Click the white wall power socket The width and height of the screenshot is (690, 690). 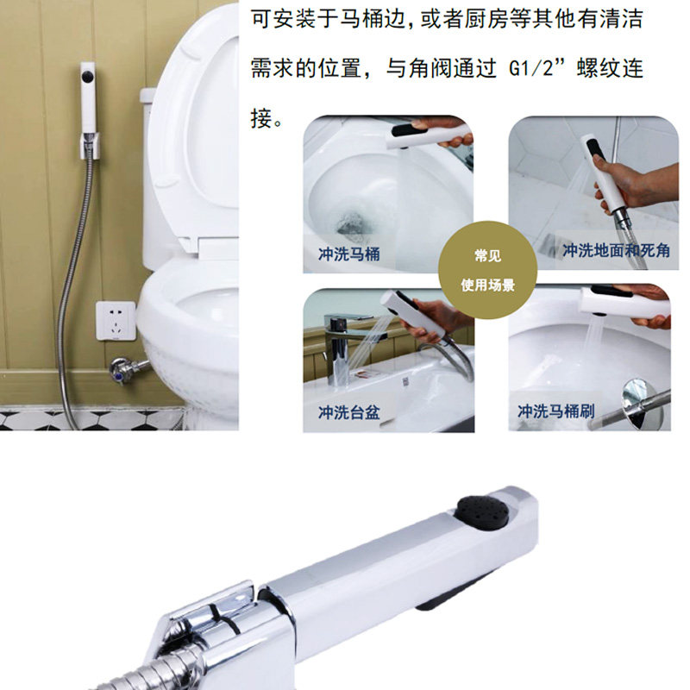point(116,321)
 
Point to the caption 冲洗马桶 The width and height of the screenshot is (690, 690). point(349,254)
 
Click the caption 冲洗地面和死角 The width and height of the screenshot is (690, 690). point(616,250)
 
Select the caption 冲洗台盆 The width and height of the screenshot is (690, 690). point(349,412)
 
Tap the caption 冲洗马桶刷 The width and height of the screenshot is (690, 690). point(555,411)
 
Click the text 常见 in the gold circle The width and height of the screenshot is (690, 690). point(487,255)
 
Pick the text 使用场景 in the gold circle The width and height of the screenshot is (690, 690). point(487,285)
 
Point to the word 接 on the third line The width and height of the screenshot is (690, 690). point(261,118)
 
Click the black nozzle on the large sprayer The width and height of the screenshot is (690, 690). point(483,511)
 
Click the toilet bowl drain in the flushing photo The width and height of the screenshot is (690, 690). point(352,223)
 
